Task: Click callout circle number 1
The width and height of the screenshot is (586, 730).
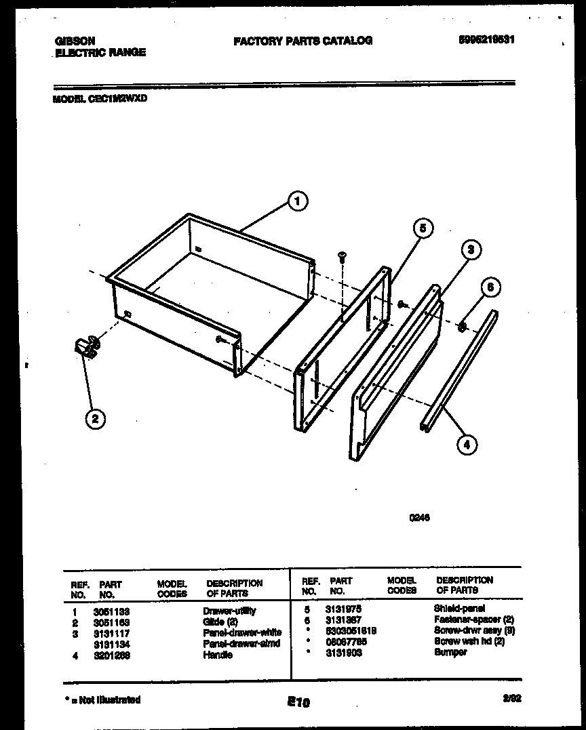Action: pos(296,201)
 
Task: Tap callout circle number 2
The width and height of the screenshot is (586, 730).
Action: pos(94,418)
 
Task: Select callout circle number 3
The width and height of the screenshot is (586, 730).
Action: pos(471,249)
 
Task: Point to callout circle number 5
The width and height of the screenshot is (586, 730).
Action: pos(422,229)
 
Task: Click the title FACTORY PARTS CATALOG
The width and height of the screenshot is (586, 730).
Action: pos(302,41)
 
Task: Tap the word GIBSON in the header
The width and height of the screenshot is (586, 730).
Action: pos(75,41)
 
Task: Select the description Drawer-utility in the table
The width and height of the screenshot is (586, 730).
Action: pos(229,611)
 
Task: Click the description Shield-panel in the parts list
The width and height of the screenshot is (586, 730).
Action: pos(459,609)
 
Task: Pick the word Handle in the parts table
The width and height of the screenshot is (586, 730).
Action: pos(217,655)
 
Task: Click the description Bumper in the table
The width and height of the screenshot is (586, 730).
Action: pos(450,652)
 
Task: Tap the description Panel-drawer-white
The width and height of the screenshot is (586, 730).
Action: pos(241,632)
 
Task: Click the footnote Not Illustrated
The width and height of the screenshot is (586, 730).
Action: pos(103,699)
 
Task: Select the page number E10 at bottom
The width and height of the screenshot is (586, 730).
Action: pos(298,703)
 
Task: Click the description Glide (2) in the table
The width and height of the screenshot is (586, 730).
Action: pos(218,622)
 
